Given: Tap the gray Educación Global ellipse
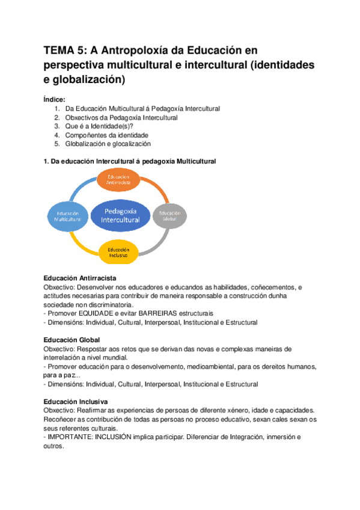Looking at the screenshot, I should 170,215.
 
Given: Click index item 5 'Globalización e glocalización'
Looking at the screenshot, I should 108,144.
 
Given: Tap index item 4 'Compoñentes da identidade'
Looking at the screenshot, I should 106,135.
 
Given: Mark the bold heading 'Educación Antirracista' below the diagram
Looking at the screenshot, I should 80,278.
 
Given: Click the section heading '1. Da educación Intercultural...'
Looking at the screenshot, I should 130,162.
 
